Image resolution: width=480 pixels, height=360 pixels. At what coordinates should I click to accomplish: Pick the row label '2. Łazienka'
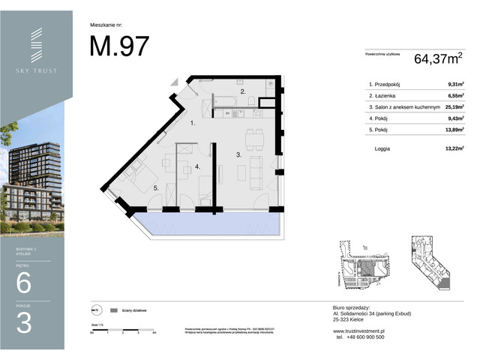pos(385,96)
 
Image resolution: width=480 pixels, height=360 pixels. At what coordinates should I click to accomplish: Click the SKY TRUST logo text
pos(36,71)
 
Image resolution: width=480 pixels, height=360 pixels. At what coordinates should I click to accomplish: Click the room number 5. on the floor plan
pos(154,189)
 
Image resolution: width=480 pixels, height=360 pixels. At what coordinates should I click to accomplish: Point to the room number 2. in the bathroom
pos(242,91)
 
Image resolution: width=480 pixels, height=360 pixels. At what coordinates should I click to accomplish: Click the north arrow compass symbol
pos(95,310)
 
